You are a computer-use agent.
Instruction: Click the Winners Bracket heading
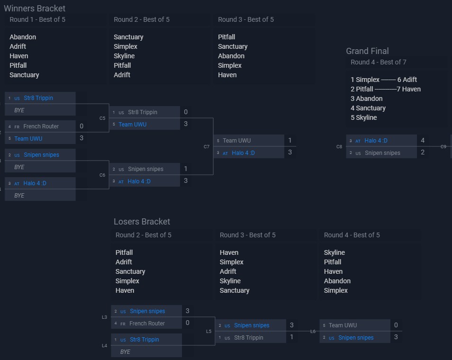35,9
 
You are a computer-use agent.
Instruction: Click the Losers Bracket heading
142,222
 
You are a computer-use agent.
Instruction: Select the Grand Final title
367,51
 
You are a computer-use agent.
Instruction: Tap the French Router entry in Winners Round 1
41,126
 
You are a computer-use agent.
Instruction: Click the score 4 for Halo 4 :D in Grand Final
423,140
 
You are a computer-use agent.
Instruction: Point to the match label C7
207,147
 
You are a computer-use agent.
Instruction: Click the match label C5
102,118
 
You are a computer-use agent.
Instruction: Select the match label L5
208,332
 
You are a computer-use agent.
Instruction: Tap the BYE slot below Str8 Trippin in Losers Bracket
125,352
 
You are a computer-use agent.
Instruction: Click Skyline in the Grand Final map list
366,117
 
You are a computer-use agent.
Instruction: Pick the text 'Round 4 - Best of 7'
378,62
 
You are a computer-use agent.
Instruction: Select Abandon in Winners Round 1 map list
23,37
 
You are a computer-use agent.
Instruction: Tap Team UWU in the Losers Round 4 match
343,325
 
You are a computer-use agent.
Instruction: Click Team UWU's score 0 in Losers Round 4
396,325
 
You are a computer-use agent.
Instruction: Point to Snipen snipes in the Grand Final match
382,153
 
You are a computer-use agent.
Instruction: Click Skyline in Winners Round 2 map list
124,56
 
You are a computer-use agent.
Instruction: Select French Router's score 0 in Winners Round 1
81,126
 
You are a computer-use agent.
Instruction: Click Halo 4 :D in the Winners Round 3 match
243,153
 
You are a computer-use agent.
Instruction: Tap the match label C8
339,147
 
